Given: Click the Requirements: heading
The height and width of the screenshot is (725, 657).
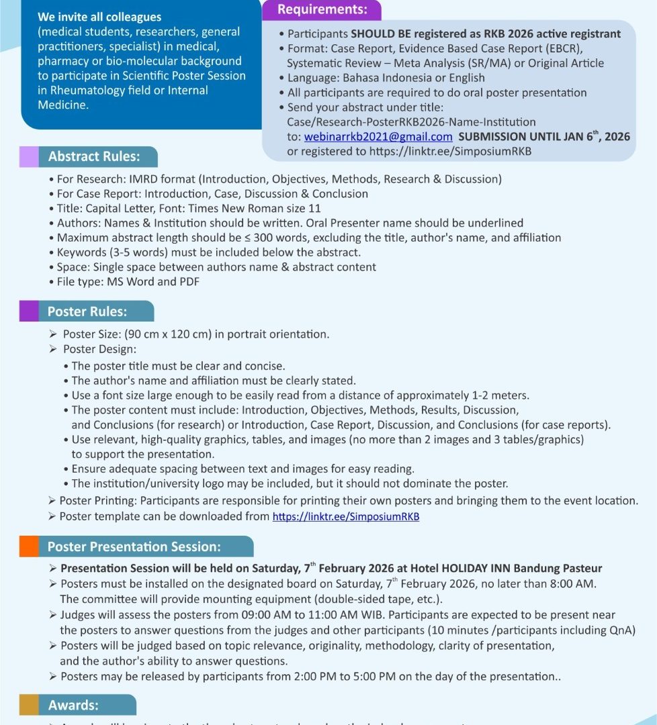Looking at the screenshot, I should pyautogui.click(x=322, y=9).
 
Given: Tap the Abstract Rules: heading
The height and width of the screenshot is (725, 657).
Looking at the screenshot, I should pyautogui.click(x=93, y=157).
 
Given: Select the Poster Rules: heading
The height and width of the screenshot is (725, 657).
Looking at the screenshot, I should pyautogui.click(x=87, y=311).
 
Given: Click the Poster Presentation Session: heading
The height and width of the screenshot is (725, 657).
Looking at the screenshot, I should pyautogui.click(x=134, y=547).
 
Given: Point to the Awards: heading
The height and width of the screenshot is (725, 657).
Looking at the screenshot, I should pyautogui.click(x=73, y=706).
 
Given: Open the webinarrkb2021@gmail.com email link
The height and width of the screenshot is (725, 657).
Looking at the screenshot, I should pyautogui.click(x=378, y=136).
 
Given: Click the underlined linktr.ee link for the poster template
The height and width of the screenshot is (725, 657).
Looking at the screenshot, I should pyautogui.click(x=346, y=516).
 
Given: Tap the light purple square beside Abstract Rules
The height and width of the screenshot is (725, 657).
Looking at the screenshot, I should pyautogui.click(x=29, y=157).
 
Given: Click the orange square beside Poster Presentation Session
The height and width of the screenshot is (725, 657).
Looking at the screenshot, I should pyautogui.click(x=29, y=546).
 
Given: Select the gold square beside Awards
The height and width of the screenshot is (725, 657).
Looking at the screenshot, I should pyautogui.click(x=29, y=705).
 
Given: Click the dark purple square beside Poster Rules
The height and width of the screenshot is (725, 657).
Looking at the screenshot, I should pyautogui.click(x=29, y=311).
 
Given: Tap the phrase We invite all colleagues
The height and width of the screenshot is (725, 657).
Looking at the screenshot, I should pyautogui.click(x=99, y=17).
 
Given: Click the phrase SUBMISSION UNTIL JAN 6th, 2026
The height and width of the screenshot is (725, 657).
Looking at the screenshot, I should pyautogui.click(x=544, y=136).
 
